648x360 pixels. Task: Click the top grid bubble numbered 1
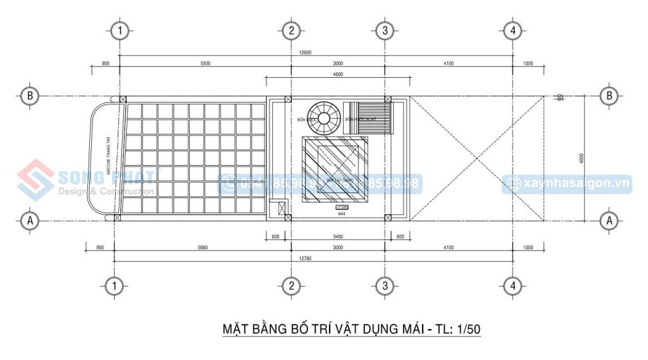(x=120, y=30)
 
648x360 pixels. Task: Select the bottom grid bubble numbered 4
(x=513, y=286)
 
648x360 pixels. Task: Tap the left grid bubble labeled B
(x=30, y=96)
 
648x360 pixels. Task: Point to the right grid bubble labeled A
(x=609, y=220)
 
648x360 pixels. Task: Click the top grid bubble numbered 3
(x=384, y=30)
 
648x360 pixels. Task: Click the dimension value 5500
(x=205, y=63)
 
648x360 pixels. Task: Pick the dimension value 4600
(x=337, y=75)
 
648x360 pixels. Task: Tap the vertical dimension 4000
(x=581, y=158)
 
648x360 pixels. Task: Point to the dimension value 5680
(x=202, y=247)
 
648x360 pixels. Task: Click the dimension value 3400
(x=337, y=237)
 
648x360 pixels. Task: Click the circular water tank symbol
(x=324, y=118)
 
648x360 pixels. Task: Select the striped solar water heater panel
(x=367, y=118)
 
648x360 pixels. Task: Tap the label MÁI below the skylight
(x=342, y=215)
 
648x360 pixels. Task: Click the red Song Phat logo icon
(x=35, y=180)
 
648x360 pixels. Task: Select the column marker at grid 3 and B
(x=385, y=99)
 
